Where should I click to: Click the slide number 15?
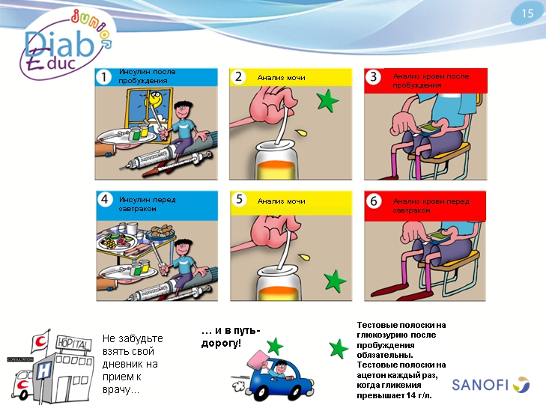(527, 13)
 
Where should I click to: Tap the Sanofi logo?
(491, 385)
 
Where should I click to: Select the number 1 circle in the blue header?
(103, 77)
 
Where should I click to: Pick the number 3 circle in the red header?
(373, 76)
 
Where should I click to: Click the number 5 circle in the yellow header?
(239, 199)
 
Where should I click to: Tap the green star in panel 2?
(327, 101)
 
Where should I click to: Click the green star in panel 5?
(335, 281)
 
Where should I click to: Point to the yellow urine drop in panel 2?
(302, 133)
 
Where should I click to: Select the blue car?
(274, 379)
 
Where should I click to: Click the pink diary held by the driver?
(258, 359)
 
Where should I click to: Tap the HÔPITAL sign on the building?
(74, 344)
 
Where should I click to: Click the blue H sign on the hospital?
(44, 370)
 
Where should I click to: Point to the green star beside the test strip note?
(339, 349)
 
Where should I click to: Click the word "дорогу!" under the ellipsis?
(221, 344)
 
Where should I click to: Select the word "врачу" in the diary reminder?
(117, 389)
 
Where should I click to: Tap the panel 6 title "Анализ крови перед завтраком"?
(431, 206)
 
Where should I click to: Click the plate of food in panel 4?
(117, 241)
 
